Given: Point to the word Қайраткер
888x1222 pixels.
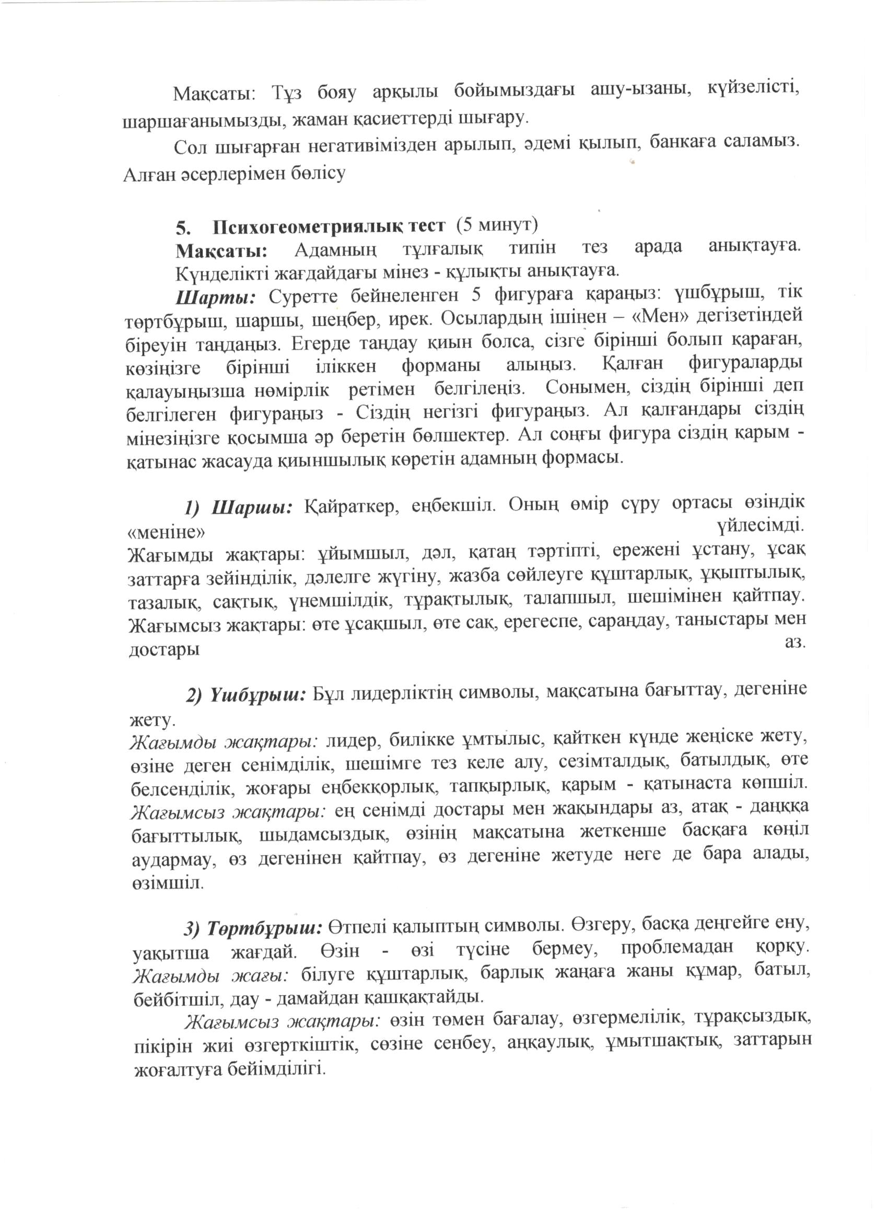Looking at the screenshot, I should (x=352, y=506).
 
